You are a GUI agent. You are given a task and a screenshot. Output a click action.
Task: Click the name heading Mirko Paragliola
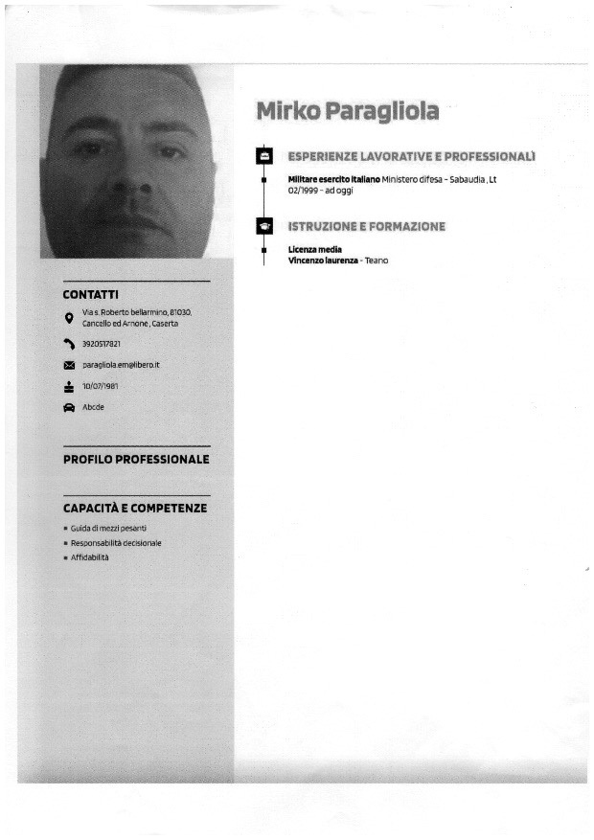[347, 112]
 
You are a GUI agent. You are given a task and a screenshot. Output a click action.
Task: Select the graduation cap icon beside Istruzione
[264, 227]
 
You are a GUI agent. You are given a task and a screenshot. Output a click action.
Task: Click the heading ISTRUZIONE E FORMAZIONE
[366, 227]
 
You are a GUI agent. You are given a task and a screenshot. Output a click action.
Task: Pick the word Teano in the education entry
[377, 261]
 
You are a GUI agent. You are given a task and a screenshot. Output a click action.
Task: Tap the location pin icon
[69, 318]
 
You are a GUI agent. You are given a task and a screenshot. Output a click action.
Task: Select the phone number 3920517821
[102, 344]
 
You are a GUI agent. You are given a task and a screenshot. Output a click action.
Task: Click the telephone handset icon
[69, 344]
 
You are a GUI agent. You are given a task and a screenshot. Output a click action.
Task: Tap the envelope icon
[69, 366]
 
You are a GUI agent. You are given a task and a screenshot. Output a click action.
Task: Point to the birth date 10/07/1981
[102, 386]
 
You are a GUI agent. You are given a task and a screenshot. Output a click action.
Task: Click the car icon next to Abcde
[69, 407]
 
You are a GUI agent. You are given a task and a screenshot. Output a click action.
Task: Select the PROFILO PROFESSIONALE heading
[136, 460]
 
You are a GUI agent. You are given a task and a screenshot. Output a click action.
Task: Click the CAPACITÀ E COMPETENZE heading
[135, 509]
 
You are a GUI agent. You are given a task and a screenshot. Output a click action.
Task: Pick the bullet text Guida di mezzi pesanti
[108, 528]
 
